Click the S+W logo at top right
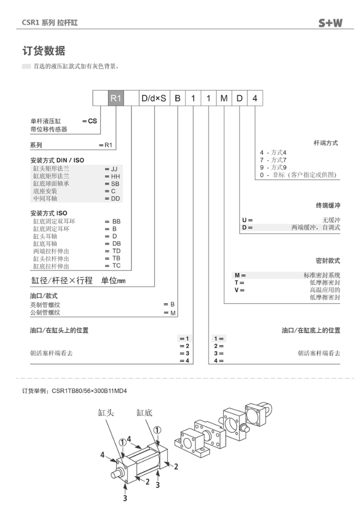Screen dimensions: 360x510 click(x=330, y=23)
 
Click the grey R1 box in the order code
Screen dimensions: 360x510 click(x=116, y=98)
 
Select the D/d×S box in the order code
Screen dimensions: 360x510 click(x=154, y=98)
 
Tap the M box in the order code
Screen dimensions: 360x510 click(x=224, y=98)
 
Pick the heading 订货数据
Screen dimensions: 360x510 click(x=44, y=51)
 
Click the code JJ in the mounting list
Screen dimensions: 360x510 click(x=114, y=169)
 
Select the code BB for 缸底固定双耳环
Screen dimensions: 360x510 click(x=117, y=221)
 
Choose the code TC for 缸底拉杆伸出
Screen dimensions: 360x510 click(x=117, y=266)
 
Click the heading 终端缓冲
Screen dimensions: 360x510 click(x=328, y=206)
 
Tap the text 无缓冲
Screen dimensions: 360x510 click(x=331, y=220)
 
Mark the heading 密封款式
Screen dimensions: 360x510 click(x=328, y=261)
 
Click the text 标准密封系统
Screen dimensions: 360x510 click(x=322, y=275)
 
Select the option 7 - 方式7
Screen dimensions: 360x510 click(x=273, y=160)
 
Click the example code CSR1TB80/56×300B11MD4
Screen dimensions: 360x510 click(x=89, y=391)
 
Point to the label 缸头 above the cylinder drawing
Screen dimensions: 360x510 click(x=106, y=413)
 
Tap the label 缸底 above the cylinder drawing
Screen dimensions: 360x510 click(x=144, y=413)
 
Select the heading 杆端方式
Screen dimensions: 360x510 click(x=326, y=143)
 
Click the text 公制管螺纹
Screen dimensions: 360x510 click(x=45, y=313)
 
